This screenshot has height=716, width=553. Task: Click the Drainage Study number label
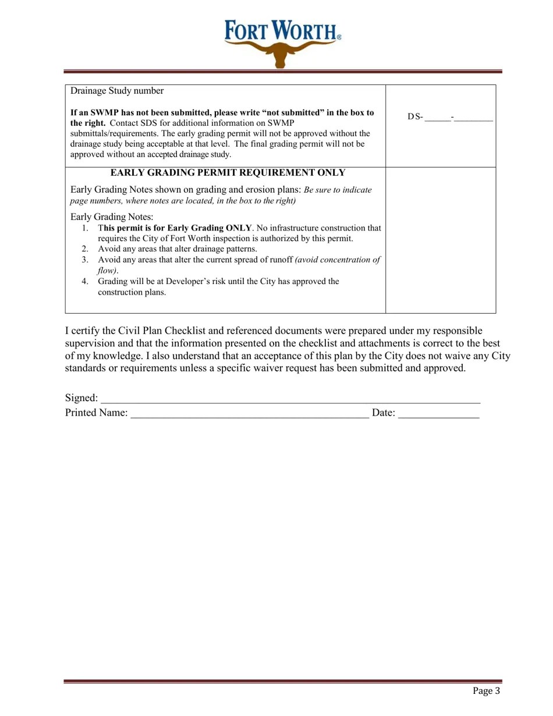point(117,91)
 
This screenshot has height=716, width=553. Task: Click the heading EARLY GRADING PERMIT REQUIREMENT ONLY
point(228,173)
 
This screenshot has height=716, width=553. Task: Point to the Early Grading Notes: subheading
point(112,217)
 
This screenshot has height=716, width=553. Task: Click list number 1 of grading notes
point(86,228)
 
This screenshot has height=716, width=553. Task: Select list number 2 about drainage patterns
point(86,249)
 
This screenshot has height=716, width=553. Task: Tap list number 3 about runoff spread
point(86,260)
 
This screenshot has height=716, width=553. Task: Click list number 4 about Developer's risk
point(86,282)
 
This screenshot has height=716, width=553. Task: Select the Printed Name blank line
point(250,414)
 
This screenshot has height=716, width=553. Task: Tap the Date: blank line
point(438,414)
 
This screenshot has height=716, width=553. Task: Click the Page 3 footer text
point(486,691)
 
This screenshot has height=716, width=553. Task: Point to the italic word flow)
point(108,271)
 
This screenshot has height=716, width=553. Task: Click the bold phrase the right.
point(88,123)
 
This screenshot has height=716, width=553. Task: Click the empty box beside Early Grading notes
point(441,240)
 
